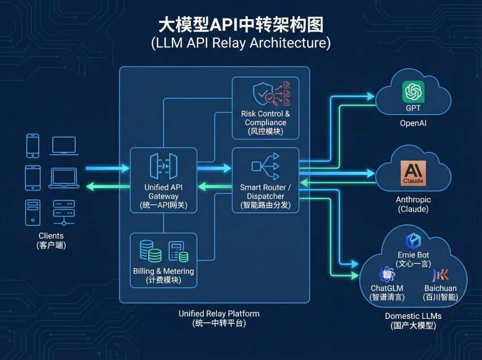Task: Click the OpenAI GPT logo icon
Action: [413, 92]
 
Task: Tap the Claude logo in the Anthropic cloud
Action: [413, 173]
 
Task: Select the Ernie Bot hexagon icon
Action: [413, 241]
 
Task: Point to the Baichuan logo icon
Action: [440, 274]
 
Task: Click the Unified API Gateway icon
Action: [163, 166]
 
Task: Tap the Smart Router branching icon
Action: [266, 166]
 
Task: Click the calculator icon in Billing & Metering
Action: [178, 252]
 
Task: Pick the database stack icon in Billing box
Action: [150, 251]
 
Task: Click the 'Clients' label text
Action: [51, 236]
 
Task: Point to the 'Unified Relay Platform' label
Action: [219, 314]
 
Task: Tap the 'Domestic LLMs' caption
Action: [413, 316]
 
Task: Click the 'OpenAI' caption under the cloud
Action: [413, 123]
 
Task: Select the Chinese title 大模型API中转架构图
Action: [241, 25]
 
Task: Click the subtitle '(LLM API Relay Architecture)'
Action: [241, 43]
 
